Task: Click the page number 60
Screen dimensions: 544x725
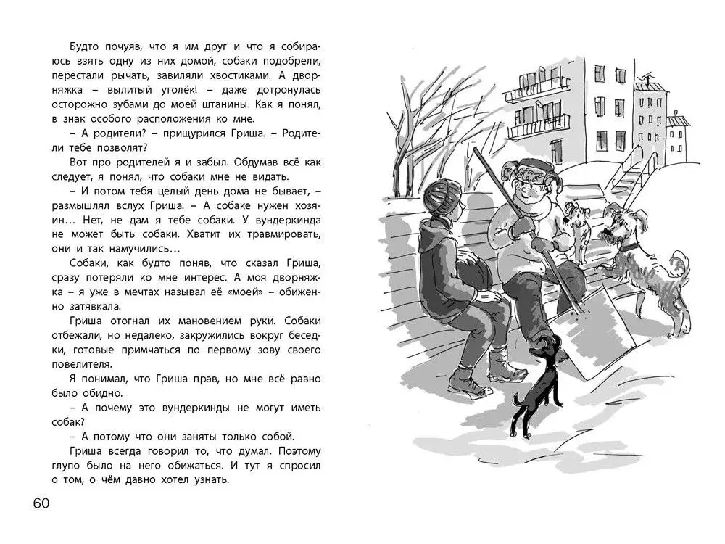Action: tap(40, 504)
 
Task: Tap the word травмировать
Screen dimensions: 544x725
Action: tap(279, 234)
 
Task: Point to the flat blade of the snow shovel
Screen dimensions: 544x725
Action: tap(602, 341)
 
